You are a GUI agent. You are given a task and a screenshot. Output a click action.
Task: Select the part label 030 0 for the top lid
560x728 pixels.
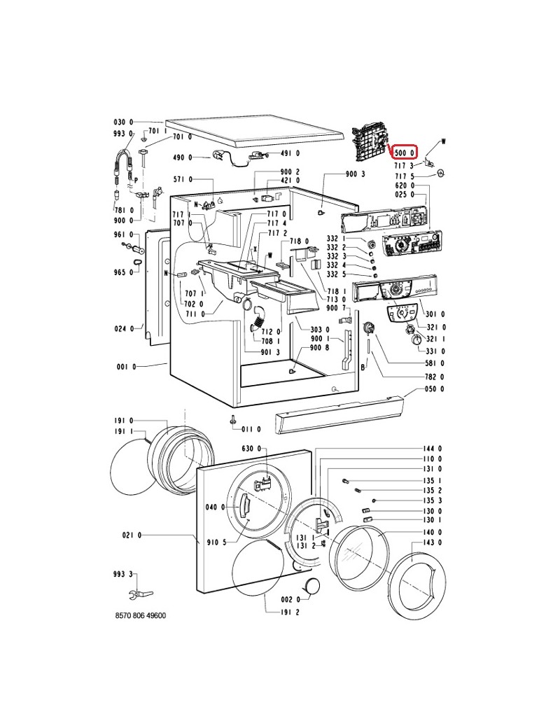(123, 122)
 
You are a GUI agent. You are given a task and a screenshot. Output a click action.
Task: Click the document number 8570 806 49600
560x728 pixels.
(140, 615)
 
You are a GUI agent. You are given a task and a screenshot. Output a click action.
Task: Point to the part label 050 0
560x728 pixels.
(434, 388)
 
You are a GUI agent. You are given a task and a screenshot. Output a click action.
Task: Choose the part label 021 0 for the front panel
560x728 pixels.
(132, 535)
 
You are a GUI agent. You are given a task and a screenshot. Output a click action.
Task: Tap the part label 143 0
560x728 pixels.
(433, 542)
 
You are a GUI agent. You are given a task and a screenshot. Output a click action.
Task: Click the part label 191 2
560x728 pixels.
(290, 612)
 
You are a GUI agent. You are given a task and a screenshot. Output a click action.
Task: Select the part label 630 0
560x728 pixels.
(251, 449)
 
